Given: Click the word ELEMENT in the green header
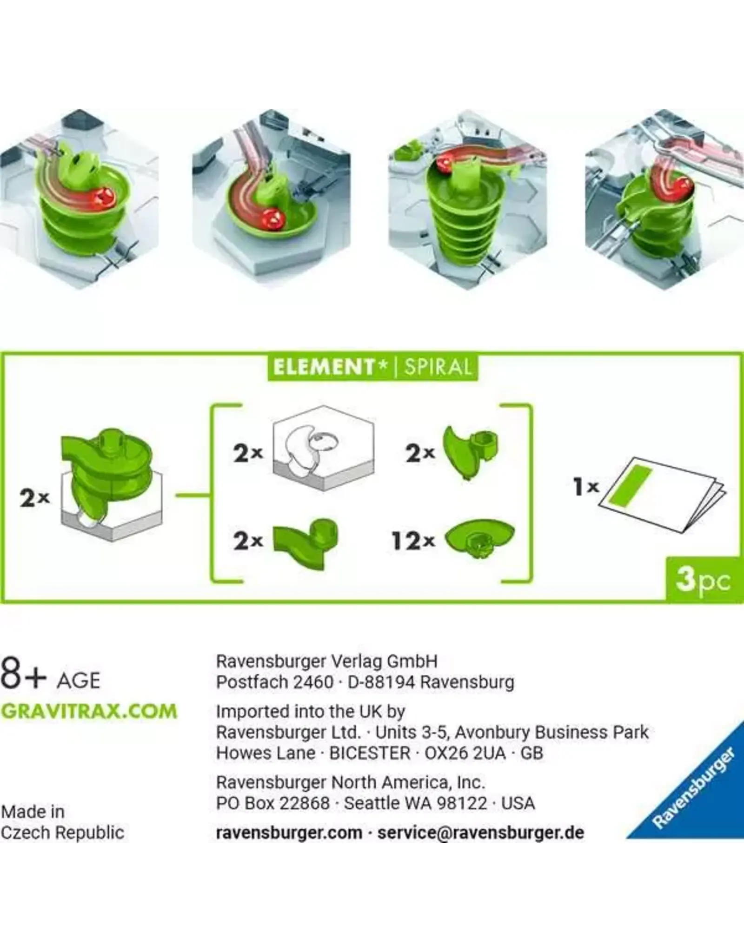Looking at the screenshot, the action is pos(324,367).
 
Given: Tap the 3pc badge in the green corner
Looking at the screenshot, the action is pos(704,580).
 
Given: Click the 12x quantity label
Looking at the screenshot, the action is pos(413,541).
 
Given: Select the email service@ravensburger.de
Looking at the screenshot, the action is pos(480,833).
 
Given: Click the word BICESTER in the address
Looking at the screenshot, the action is pos(370,753).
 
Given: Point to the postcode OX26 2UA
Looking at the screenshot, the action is pos(465,753).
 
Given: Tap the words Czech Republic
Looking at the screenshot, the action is pos(62,833).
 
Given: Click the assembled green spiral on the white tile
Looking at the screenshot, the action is pos(107,469).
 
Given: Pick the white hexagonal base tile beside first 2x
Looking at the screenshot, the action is pos(324,448).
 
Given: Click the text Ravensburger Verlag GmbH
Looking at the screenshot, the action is pos(327,661).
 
